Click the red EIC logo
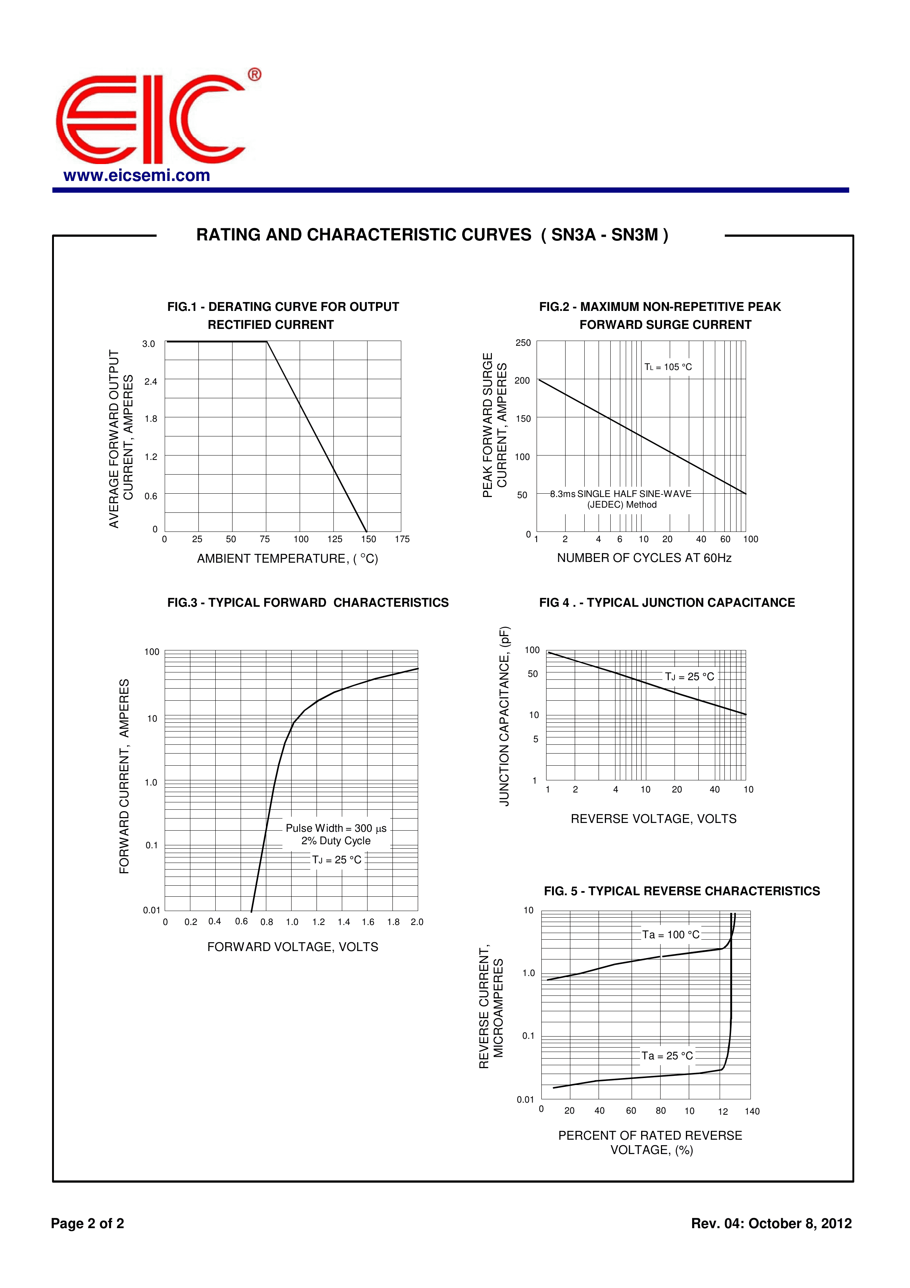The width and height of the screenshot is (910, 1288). click(150, 119)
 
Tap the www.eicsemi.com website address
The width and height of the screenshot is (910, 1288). click(137, 175)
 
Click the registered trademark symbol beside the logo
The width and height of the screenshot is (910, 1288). click(255, 75)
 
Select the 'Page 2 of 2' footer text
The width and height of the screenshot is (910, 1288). click(87, 1223)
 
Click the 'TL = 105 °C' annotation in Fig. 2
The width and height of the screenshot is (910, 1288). click(668, 367)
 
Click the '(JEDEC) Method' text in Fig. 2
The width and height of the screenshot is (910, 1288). click(622, 505)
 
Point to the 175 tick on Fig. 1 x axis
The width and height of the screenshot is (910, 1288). click(402, 539)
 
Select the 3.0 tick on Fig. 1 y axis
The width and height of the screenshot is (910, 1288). click(149, 344)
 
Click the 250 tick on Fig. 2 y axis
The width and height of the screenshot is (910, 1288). click(523, 343)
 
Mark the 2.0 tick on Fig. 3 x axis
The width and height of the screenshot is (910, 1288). click(417, 922)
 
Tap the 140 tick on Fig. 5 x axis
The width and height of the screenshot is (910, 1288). click(752, 1111)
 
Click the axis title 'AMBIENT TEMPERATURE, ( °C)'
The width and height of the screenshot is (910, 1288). click(288, 559)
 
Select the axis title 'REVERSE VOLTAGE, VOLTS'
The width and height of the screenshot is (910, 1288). click(653, 819)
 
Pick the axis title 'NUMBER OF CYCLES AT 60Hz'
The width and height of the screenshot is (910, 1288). click(644, 558)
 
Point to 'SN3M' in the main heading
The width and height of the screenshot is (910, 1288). click(634, 235)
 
